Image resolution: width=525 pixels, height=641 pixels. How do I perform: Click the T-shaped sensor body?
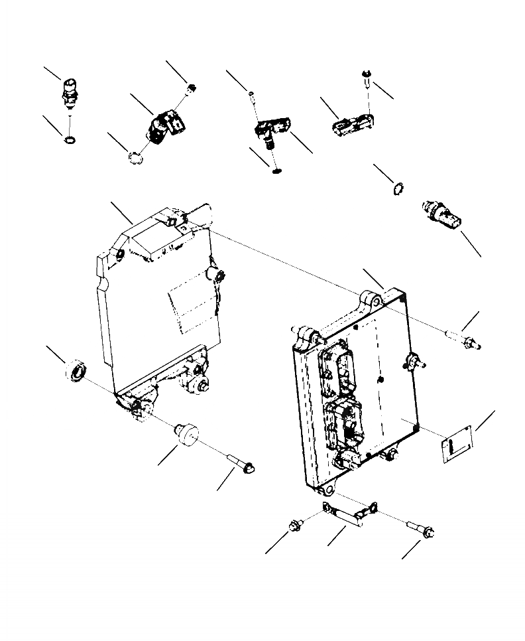tap(272, 129)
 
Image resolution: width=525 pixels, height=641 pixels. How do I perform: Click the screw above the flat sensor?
tap(367, 81)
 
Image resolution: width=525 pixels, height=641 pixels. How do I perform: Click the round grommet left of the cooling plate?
tap(76, 370)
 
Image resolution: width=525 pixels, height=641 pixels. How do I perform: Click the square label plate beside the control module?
tap(457, 444)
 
